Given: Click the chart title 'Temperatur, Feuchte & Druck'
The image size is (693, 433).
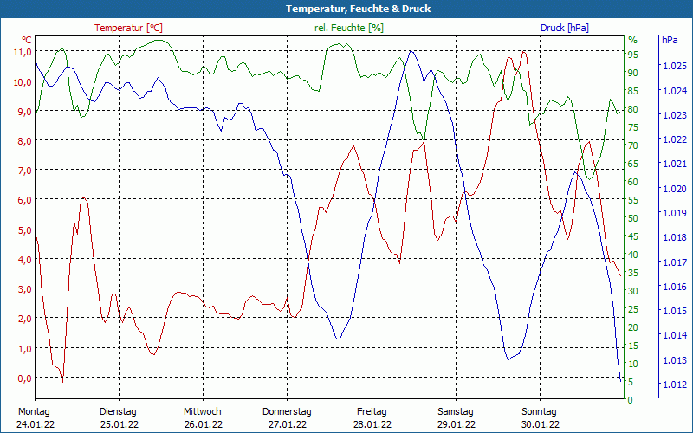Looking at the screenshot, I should (x=346, y=9).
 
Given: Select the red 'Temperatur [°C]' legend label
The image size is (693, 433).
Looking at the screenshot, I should (x=128, y=28).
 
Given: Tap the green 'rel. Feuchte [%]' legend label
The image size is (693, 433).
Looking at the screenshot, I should (x=349, y=28).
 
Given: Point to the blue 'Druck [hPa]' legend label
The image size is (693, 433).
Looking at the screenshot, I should (x=564, y=28).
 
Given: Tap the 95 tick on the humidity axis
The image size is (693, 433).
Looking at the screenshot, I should (x=632, y=54).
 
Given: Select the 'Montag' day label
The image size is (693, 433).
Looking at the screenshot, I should (x=34, y=411).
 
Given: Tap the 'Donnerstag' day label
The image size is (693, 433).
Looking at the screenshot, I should (x=287, y=411).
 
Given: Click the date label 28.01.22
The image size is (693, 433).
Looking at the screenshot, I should (x=371, y=424).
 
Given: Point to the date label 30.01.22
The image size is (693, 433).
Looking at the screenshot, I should (x=539, y=424).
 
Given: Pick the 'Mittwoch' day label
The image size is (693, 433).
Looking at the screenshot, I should (x=203, y=411).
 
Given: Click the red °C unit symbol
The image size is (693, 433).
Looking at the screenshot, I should (x=27, y=40).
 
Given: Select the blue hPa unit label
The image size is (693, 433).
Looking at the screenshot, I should (x=670, y=40).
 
